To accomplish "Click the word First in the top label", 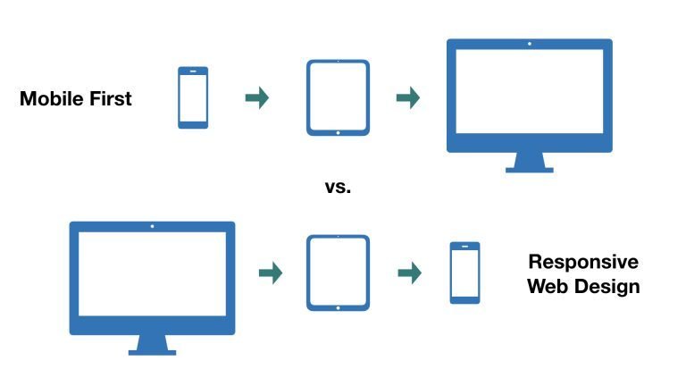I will coord(108,99).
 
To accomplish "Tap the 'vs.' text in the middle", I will coord(338,188).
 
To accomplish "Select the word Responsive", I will coord(583,262).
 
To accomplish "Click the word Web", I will coord(548,287).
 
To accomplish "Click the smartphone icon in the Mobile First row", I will coord(193,97).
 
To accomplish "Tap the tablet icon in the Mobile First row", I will coord(338,97).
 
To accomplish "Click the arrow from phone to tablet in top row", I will coord(257,97).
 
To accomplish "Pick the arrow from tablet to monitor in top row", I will coord(408,97).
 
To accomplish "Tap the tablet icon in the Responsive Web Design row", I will coord(338,273).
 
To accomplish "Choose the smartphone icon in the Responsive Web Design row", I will coord(464,273).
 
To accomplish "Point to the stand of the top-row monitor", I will coord(529,164).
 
